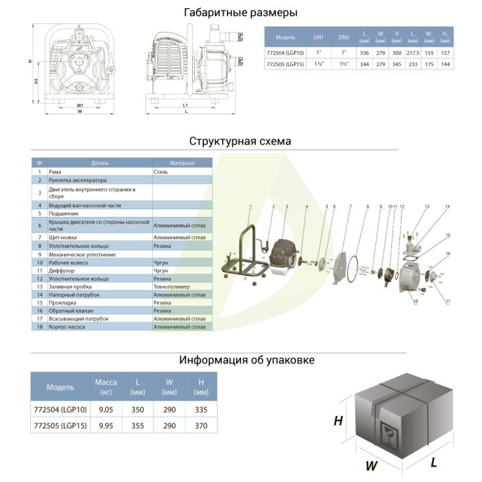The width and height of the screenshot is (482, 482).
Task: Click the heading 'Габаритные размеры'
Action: pos(241,12)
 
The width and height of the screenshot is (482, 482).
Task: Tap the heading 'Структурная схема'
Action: pos(240,141)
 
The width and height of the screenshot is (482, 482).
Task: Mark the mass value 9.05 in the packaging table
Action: pos(106,408)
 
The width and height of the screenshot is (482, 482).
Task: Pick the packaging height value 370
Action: pos(201,426)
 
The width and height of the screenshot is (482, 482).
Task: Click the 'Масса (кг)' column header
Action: pos(106,387)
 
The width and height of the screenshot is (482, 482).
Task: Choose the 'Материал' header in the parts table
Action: pos(182,163)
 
